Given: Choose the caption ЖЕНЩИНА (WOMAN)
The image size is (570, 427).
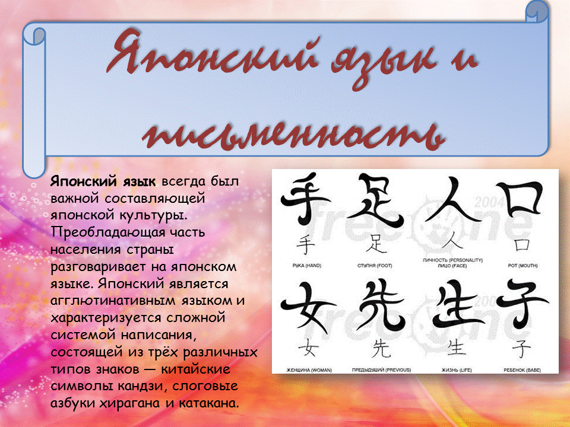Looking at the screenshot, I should (306, 369).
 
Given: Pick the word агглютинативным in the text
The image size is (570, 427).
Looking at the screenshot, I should (109, 301).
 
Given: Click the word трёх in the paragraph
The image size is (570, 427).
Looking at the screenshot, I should (160, 352).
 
